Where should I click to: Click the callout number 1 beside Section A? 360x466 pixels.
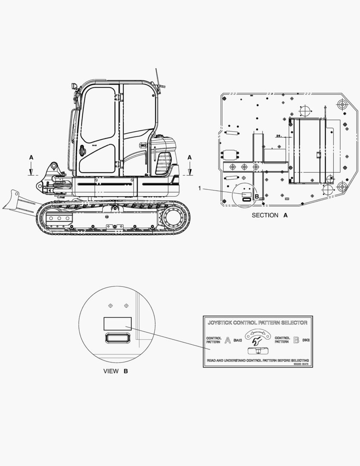[200, 188]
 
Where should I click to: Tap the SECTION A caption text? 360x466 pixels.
[269, 215]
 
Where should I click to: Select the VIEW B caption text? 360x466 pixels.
[116, 371]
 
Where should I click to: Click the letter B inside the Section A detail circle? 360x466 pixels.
[257, 197]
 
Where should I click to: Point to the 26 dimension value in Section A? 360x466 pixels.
[278, 135]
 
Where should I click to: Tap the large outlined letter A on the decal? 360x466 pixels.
[228, 340]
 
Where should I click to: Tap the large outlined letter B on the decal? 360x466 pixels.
[296, 340]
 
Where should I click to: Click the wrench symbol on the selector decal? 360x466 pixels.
[257, 343]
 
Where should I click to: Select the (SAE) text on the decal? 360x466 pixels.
[238, 340]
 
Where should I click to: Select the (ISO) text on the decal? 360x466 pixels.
[306, 340]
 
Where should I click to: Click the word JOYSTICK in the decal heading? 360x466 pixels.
[220, 322]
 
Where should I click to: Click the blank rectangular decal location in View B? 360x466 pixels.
[117, 324]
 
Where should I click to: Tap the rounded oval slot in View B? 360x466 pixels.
[117, 337]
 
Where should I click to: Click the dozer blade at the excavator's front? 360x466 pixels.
[17, 202]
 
